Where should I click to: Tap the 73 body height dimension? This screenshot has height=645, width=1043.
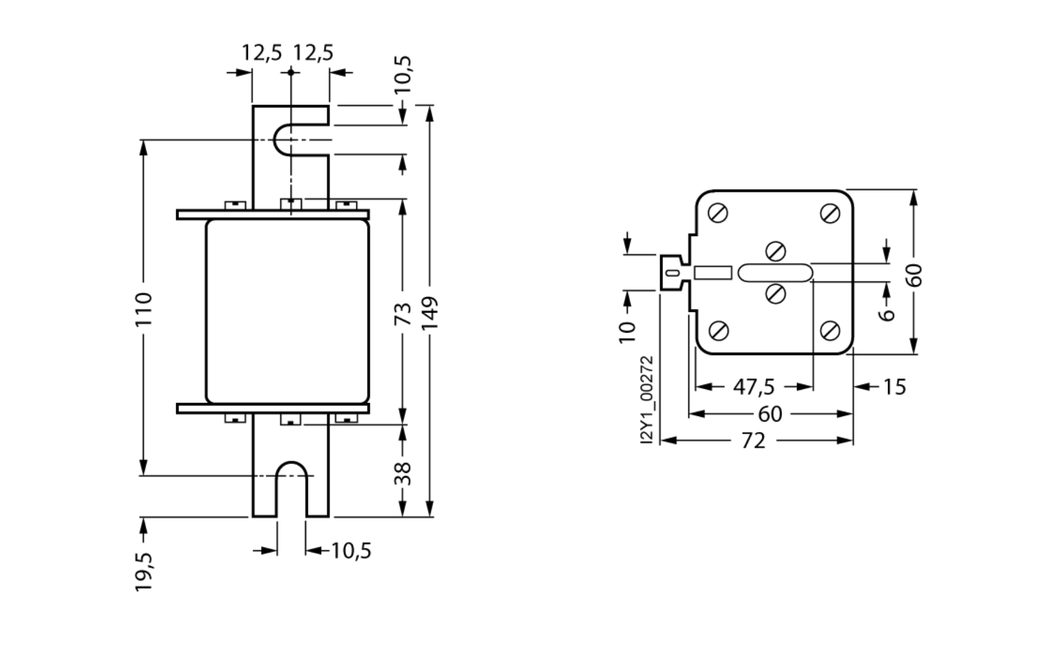[403, 314]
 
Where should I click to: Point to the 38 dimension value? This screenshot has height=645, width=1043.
[403, 474]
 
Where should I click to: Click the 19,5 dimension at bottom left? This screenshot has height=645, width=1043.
[143, 572]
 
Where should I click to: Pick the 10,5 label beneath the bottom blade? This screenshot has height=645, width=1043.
[351, 551]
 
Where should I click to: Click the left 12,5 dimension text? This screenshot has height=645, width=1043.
[261, 53]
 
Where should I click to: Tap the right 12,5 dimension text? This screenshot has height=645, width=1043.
[313, 53]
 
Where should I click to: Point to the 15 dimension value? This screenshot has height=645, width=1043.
[893, 387]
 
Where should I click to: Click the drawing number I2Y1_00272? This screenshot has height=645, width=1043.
[647, 400]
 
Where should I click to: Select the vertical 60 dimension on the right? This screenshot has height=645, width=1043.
[914, 275]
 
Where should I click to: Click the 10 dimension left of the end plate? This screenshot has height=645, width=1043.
[627, 333]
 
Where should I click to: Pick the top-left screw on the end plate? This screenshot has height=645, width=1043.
[719, 213]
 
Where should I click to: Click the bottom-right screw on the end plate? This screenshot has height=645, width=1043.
[830, 330]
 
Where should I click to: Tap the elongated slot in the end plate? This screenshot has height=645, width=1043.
[775, 273]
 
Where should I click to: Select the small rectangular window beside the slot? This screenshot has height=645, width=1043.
[713, 273]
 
